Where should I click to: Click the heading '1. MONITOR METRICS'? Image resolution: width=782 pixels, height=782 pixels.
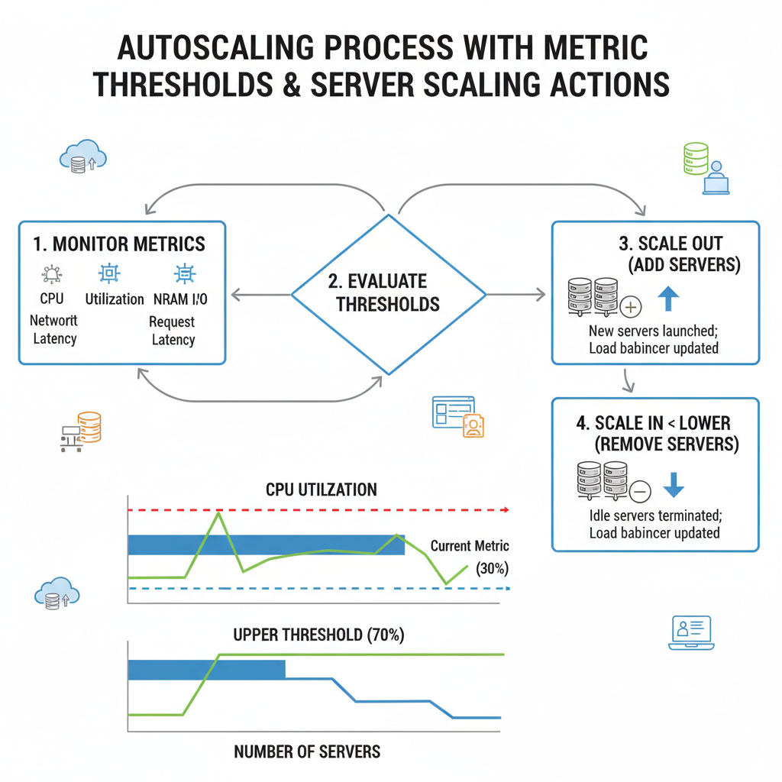tap(119, 244)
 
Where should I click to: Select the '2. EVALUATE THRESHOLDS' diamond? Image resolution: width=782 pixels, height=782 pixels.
tap(388, 293)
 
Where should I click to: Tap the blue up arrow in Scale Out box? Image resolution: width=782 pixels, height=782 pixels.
tap(668, 297)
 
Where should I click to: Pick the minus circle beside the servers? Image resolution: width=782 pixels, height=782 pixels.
tap(639, 490)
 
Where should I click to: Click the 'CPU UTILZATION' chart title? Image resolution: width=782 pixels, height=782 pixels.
tap(322, 490)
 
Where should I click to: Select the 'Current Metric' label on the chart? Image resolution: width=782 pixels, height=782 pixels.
tap(469, 546)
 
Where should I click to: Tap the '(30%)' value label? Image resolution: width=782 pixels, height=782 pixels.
tap(492, 569)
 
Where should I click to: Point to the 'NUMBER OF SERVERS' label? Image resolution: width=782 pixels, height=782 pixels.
tap(307, 751)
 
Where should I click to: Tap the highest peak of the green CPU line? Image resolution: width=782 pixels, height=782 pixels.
tap(219, 514)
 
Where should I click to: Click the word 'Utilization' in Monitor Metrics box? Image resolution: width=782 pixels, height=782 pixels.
tap(115, 299)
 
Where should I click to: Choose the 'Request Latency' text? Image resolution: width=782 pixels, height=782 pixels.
tap(173, 331)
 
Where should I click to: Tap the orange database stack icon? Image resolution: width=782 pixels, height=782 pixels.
tap(89, 428)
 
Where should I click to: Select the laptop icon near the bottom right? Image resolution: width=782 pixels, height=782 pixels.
tap(690, 633)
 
